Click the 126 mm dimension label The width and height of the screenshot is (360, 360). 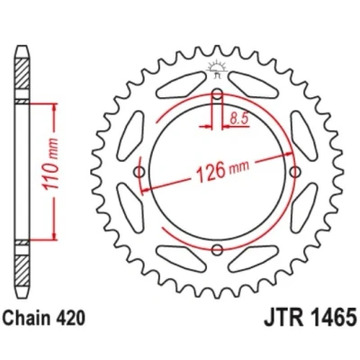[x=222, y=171]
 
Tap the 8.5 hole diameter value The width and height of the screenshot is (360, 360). [x=239, y=119]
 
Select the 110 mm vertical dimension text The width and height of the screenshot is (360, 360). [x=51, y=165]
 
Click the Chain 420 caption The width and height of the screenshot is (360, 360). [x=44, y=319]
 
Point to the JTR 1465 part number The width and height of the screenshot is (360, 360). [x=310, y=318]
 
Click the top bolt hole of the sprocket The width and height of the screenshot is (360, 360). [x=217, y=94]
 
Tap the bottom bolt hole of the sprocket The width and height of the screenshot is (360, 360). [x=217, y=250]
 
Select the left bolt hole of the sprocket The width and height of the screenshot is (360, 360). [x=139, y=172]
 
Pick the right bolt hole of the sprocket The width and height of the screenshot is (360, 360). [x=295, y=172]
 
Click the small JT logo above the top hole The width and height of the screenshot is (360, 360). [x=217, y=69]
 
